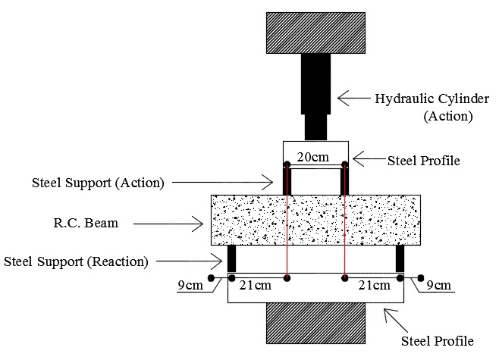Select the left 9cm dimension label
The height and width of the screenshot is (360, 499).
(x=190, y=285)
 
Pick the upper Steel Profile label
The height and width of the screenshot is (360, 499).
(x=424, y=161)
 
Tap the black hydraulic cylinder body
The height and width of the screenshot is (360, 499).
(x=315, y=83)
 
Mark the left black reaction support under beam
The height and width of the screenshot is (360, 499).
(x=232, y=258)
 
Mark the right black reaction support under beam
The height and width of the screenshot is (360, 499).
(x=399, y=258)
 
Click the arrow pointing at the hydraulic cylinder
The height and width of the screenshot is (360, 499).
(x=353, y=98)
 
